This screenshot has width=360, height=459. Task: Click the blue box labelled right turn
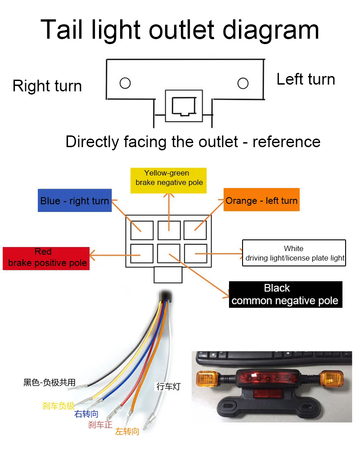[75, 200]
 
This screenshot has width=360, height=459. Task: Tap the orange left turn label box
[261, 200]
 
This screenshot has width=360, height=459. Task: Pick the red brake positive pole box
[46, 258]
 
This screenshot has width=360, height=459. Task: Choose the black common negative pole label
[286, 295]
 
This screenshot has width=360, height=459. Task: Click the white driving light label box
[294, 253]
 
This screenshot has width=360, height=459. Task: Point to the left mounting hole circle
[125, 83]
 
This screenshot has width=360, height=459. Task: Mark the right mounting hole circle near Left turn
[243, 83]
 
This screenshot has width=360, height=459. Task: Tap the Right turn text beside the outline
[47, 86]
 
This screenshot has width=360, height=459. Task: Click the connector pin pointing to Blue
[142, 230]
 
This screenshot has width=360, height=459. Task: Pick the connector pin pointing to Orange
[195, 230]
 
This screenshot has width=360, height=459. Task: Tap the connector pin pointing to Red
[142, 253]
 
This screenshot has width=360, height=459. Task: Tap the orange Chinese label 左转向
[127, 432]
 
